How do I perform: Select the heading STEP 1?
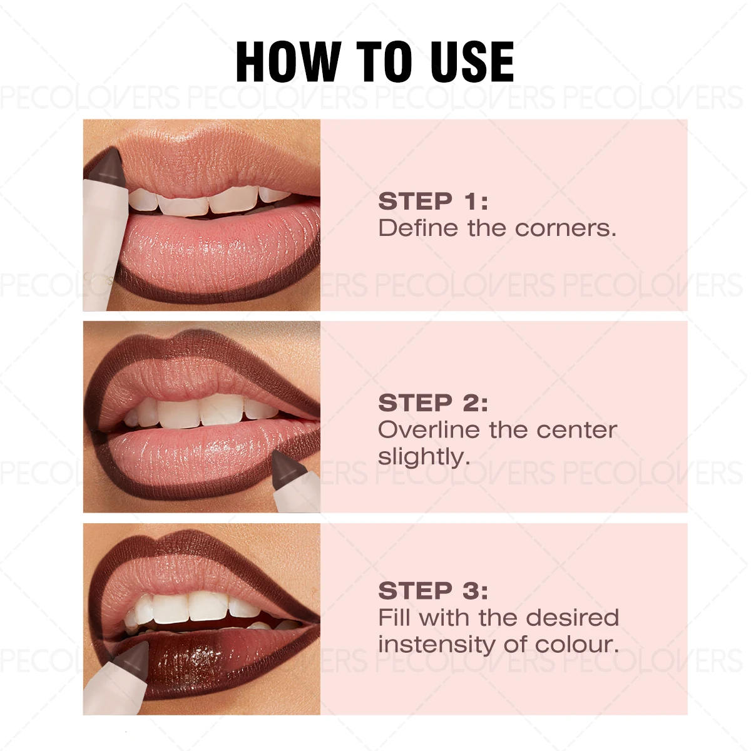click(x=432, y=202)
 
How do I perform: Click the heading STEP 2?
click(x=432, y=403)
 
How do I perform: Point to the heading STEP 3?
click(x=432, y=591)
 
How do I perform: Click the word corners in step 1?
click(x=566, y=228)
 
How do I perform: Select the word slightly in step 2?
click(x=423, y=457)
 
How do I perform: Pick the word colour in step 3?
click(x=578, y=644)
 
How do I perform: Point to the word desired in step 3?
click(x=572, y=618)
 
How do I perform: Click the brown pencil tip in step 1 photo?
click(x=105, y=165)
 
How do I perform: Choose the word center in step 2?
click(x=576, y=430)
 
